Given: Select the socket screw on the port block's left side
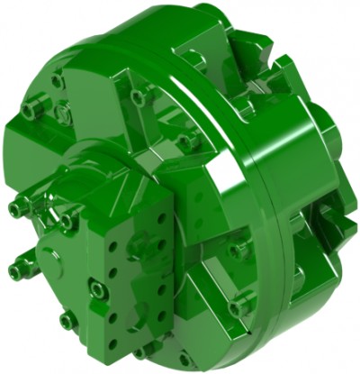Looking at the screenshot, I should (96, 289).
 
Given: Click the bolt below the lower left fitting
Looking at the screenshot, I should (67, 320).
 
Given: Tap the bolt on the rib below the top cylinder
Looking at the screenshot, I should (137, 95).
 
